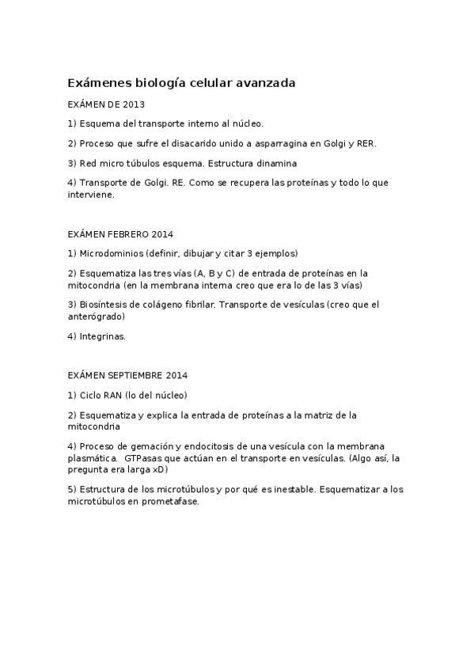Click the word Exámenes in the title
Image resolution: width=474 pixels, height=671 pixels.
[99, 82]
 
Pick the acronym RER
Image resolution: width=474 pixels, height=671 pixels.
[366, 143]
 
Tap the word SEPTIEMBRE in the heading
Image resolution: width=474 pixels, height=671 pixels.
[135, 375]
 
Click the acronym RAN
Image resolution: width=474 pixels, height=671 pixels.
[114, 395]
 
